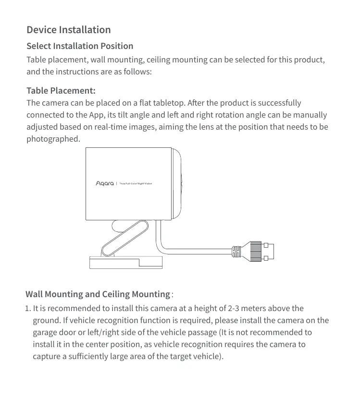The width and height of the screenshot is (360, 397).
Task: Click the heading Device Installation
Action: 69,30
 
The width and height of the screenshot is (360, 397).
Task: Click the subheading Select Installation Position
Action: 80,46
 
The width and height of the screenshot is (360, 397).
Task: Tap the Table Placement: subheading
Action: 61,91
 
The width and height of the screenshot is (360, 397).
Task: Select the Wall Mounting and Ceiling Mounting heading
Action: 98,294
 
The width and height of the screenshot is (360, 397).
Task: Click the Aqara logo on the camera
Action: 105,183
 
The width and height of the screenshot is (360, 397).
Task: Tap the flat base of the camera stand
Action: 125,263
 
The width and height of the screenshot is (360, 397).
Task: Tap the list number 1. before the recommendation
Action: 28,308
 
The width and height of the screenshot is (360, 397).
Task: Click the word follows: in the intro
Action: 137,72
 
